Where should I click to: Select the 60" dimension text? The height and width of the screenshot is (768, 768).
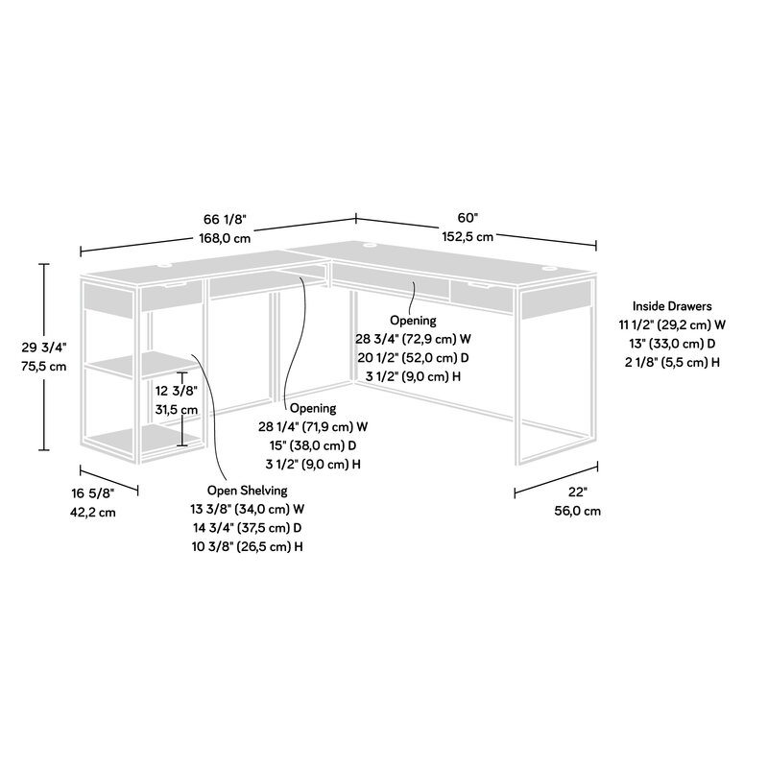coord(468,218)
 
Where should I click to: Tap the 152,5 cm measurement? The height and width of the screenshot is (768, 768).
coord(468,236)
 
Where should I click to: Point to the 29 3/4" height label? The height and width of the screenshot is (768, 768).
coord(45,348)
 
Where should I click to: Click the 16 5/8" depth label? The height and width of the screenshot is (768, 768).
coord(92,493)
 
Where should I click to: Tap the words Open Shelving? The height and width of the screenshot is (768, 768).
coord(247,491)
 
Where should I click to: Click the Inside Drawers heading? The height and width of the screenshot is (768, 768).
coord(672,306)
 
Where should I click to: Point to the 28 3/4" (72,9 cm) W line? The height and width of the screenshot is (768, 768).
coord(414,339)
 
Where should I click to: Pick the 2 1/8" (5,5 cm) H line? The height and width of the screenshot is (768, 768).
coord(672,361)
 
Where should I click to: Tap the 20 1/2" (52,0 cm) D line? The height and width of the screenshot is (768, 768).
coord(414,357)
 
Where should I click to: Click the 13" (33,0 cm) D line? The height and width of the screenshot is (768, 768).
coord(672,343)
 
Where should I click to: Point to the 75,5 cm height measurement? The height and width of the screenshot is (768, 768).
coord(45,367)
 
